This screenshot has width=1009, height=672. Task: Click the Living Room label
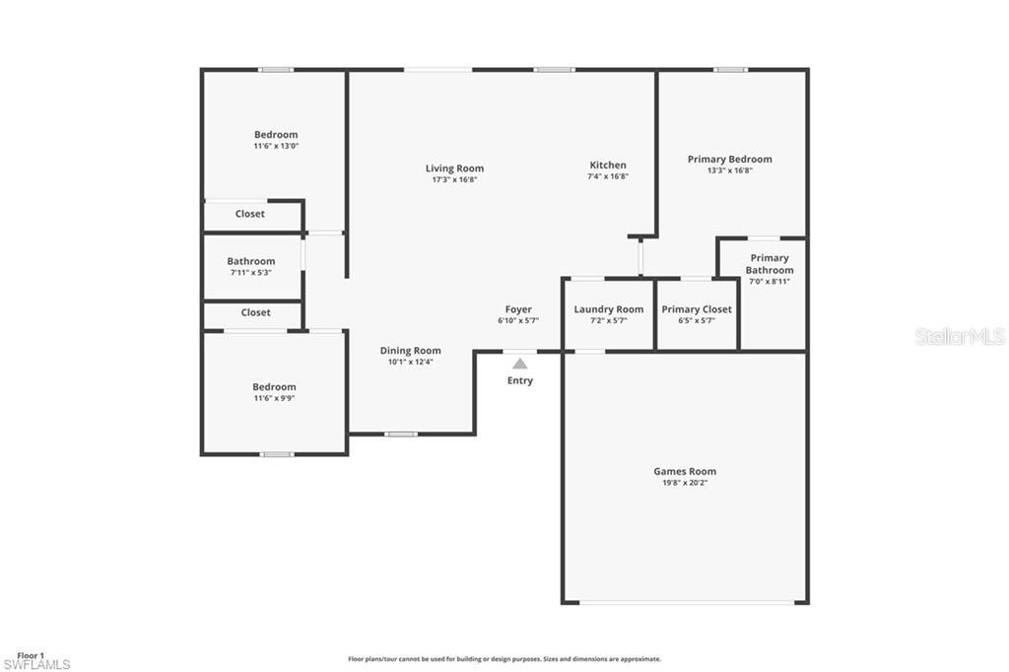[x=454, y=168]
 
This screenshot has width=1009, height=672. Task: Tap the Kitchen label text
[x=608, y=166]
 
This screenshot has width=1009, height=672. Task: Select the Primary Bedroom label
[x=729, y=159]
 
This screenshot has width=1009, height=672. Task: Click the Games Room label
[x=685, y=471]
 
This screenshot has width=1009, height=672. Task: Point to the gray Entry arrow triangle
[x=519, y=364]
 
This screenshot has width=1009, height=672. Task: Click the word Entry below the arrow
[x=519, y=380]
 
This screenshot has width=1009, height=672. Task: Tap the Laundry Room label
[x=608, y=309]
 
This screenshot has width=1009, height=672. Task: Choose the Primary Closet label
[x=696, y=309]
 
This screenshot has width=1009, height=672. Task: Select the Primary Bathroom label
[x=769, y=264]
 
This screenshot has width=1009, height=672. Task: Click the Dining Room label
[x=410, y=351]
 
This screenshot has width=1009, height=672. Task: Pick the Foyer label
[x=518, y=309]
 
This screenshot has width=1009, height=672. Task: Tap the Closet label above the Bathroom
[x=249, y=214]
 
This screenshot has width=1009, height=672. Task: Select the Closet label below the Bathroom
[x=255, y=312]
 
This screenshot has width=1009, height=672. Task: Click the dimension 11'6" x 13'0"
[x=275, y=146]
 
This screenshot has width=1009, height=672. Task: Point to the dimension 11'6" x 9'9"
[x=273, y=398]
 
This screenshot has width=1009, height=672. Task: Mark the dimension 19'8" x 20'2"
[x=685, y=483]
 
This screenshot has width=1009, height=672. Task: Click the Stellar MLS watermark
[x=960, y=336]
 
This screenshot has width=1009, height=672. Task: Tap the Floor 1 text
[x=31, y=655]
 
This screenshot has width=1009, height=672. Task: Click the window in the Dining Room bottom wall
[x=400, y=434]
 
